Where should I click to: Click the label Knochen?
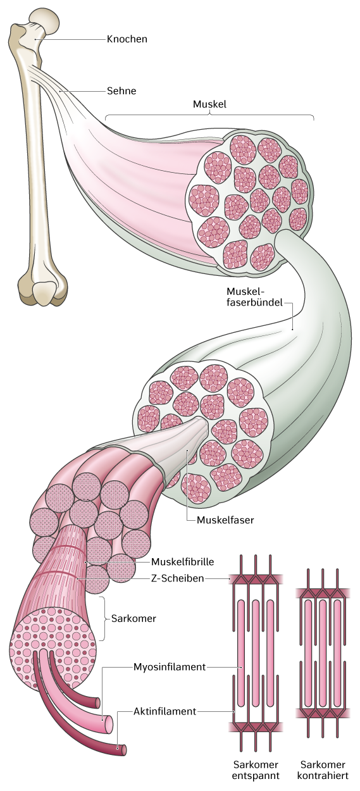pyautogui.click(x=127, y=39)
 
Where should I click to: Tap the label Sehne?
pyautogui.click(x=121, y=90)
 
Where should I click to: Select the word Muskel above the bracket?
pyautogui.click(x=209, y=104)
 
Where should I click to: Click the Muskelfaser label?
pyautogui.click(x=225, y=520)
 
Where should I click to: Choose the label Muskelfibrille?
pyautogui.click(x=182, y=561)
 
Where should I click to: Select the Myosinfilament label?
pyautogui.click(x=170, y=667)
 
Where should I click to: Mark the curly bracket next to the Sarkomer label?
pyautogui.click(x=103, y=618)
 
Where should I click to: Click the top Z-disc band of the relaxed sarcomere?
pyautogui.click(x=256, y=578)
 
